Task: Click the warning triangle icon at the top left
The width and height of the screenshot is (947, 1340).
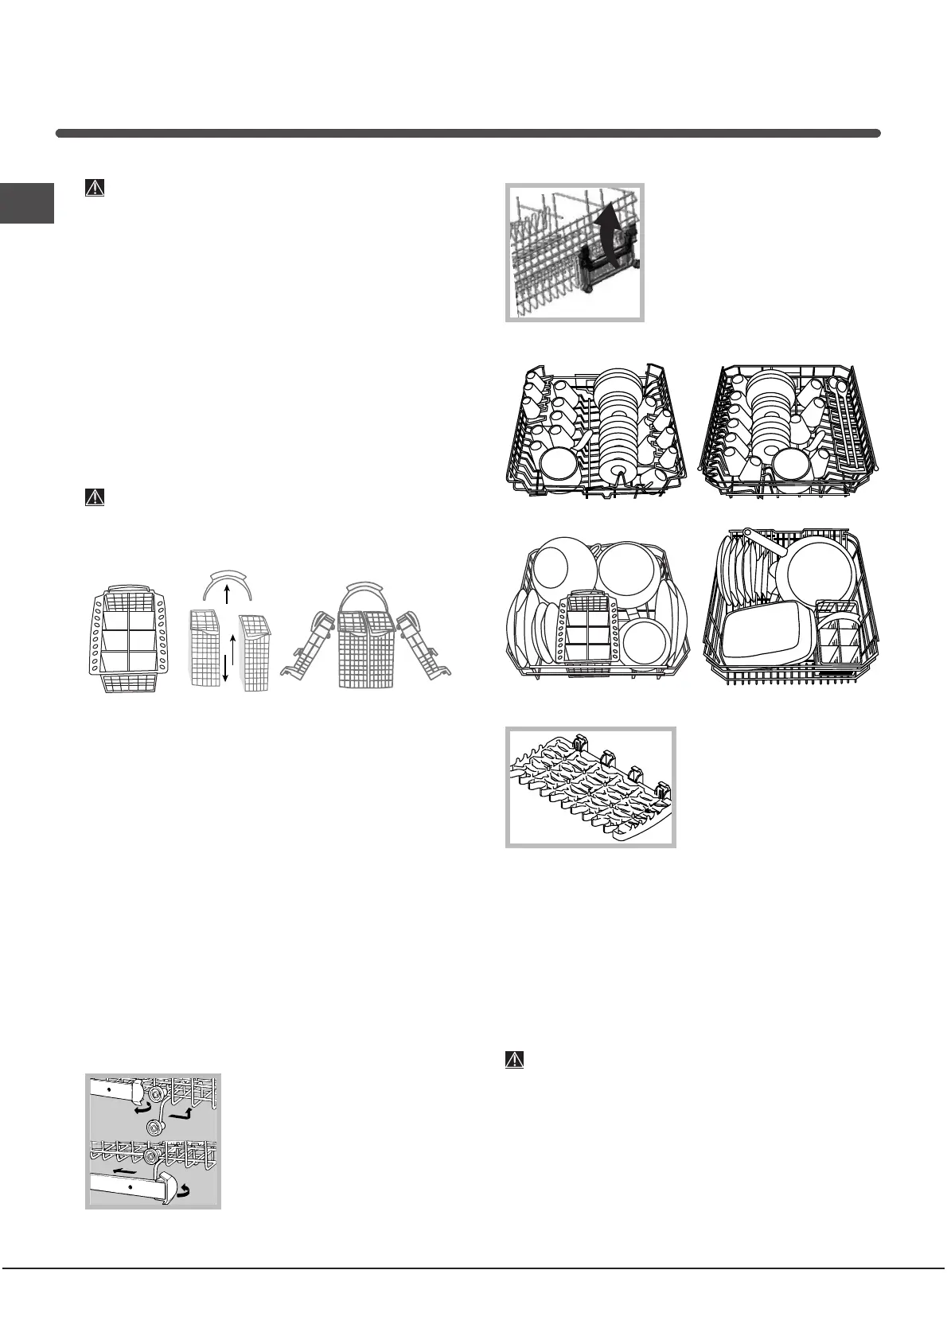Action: click(x=95, y=188)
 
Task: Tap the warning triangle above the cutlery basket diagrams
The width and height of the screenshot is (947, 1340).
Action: click(x=95, y=498)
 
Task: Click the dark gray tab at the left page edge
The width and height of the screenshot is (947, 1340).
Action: click(x=27, y=204)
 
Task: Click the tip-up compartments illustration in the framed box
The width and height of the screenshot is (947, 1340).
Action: click(x=590, y=786)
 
